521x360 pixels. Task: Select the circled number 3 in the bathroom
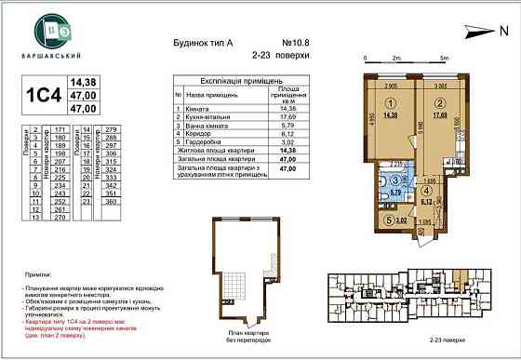click(394, 182)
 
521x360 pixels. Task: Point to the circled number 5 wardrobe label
click(387, 220)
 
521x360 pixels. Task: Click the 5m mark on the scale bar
click(445, 57)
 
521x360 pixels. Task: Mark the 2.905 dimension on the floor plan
click(391, 85)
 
